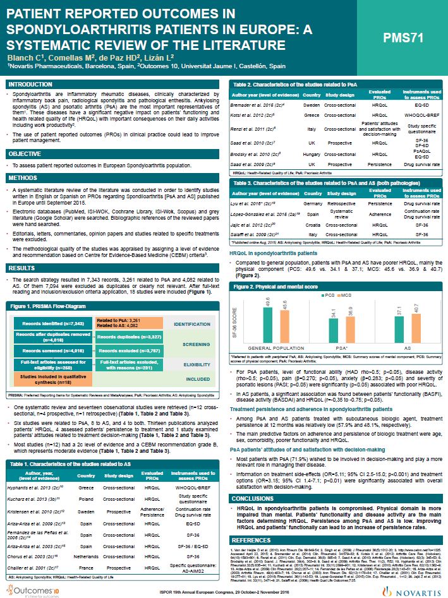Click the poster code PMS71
coord(404,39)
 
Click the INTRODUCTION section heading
coord(30,84)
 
